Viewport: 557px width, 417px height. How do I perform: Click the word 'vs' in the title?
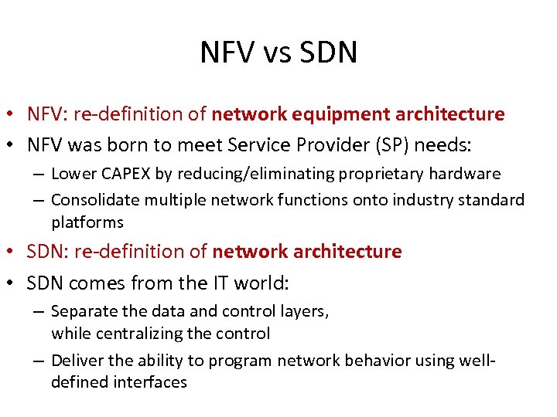pyautogui.click(x=275, y=53)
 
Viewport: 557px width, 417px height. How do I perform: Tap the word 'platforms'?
pyautogui.click(x=87, y=222)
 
